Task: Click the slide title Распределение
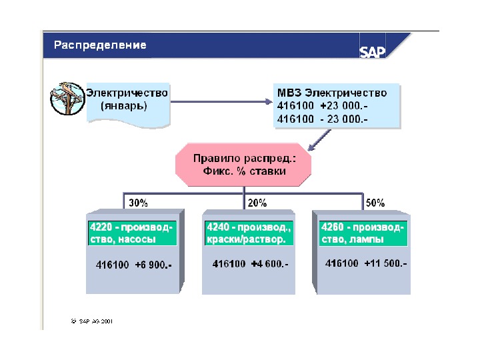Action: coord(100,45)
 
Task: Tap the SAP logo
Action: coord(373,52)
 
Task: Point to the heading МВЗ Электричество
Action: coord(331,92)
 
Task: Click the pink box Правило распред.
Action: coord(243,165)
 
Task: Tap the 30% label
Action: coord(138,202)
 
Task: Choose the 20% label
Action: coord(257,202)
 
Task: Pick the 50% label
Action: coord(375,202)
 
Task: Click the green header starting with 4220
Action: coord(131,233)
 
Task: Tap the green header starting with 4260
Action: coord(362,233)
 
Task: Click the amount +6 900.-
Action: coord(153,265)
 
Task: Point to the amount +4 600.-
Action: coord(269,264)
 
